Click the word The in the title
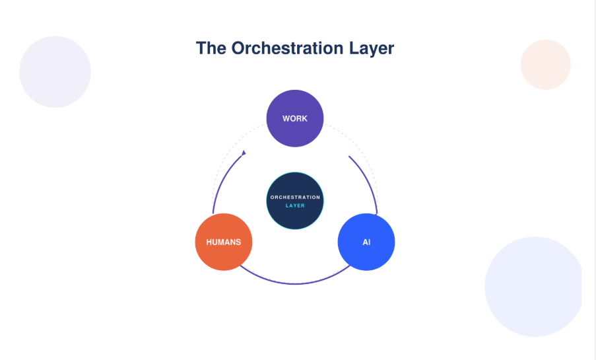tap(211, 48)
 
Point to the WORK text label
tap(294, 119)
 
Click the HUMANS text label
tap(224, 242)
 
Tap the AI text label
tap(366, 242)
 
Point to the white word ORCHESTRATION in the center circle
tap(295, 197)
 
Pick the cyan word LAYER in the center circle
tap(295, 205)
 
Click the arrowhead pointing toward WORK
tap(244, 153)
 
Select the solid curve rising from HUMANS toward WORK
tap(220, 185)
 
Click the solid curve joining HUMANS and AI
tap(295, 283)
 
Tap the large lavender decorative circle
tap(55, 71)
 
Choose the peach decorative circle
tap(545, 65)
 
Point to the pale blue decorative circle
tap(533, 286)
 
